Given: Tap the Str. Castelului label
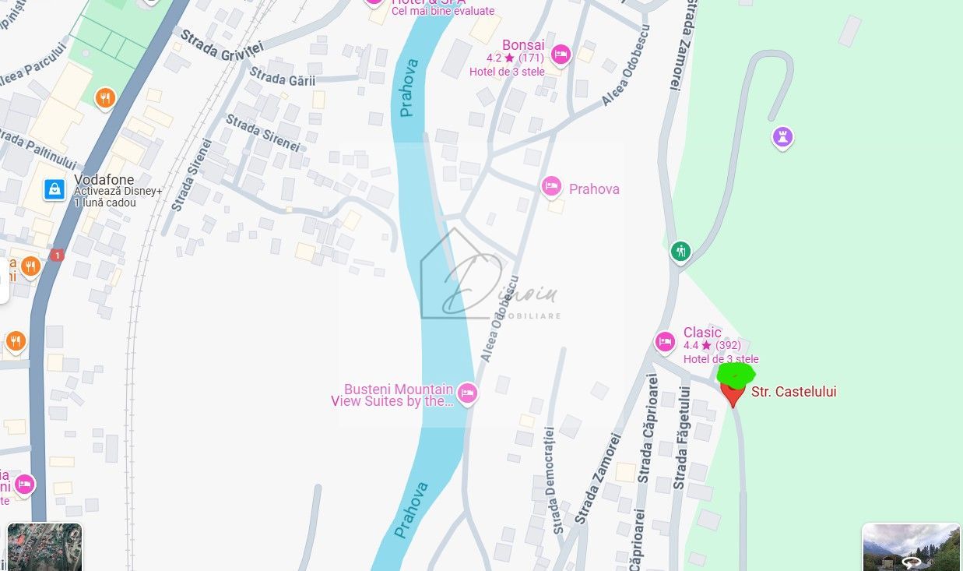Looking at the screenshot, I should (x=793, y=392).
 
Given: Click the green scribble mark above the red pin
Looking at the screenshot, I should (x=735, y=374).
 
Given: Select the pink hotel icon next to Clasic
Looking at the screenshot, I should (x=665, y=341).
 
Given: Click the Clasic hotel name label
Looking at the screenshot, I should (x=702, y=333).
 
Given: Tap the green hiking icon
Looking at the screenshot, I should (x=680, y=252).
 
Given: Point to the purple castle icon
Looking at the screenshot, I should (x=782, y=138).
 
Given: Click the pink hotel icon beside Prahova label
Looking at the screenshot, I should (x=551, y=186).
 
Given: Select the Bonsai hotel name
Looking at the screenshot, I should (x=523, y=45).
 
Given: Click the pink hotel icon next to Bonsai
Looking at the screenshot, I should (x=560, y=55).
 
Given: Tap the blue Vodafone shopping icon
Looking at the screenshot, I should (x=54, y=189).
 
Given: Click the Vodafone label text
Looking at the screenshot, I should (x=104, y=180).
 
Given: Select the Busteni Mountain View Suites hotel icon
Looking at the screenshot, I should (x=466, y=393).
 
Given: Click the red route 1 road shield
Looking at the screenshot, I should (x=56, y=255).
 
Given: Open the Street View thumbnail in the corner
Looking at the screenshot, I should (x=911, y=547).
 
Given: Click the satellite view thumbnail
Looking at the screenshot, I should (x=44, y=547).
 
